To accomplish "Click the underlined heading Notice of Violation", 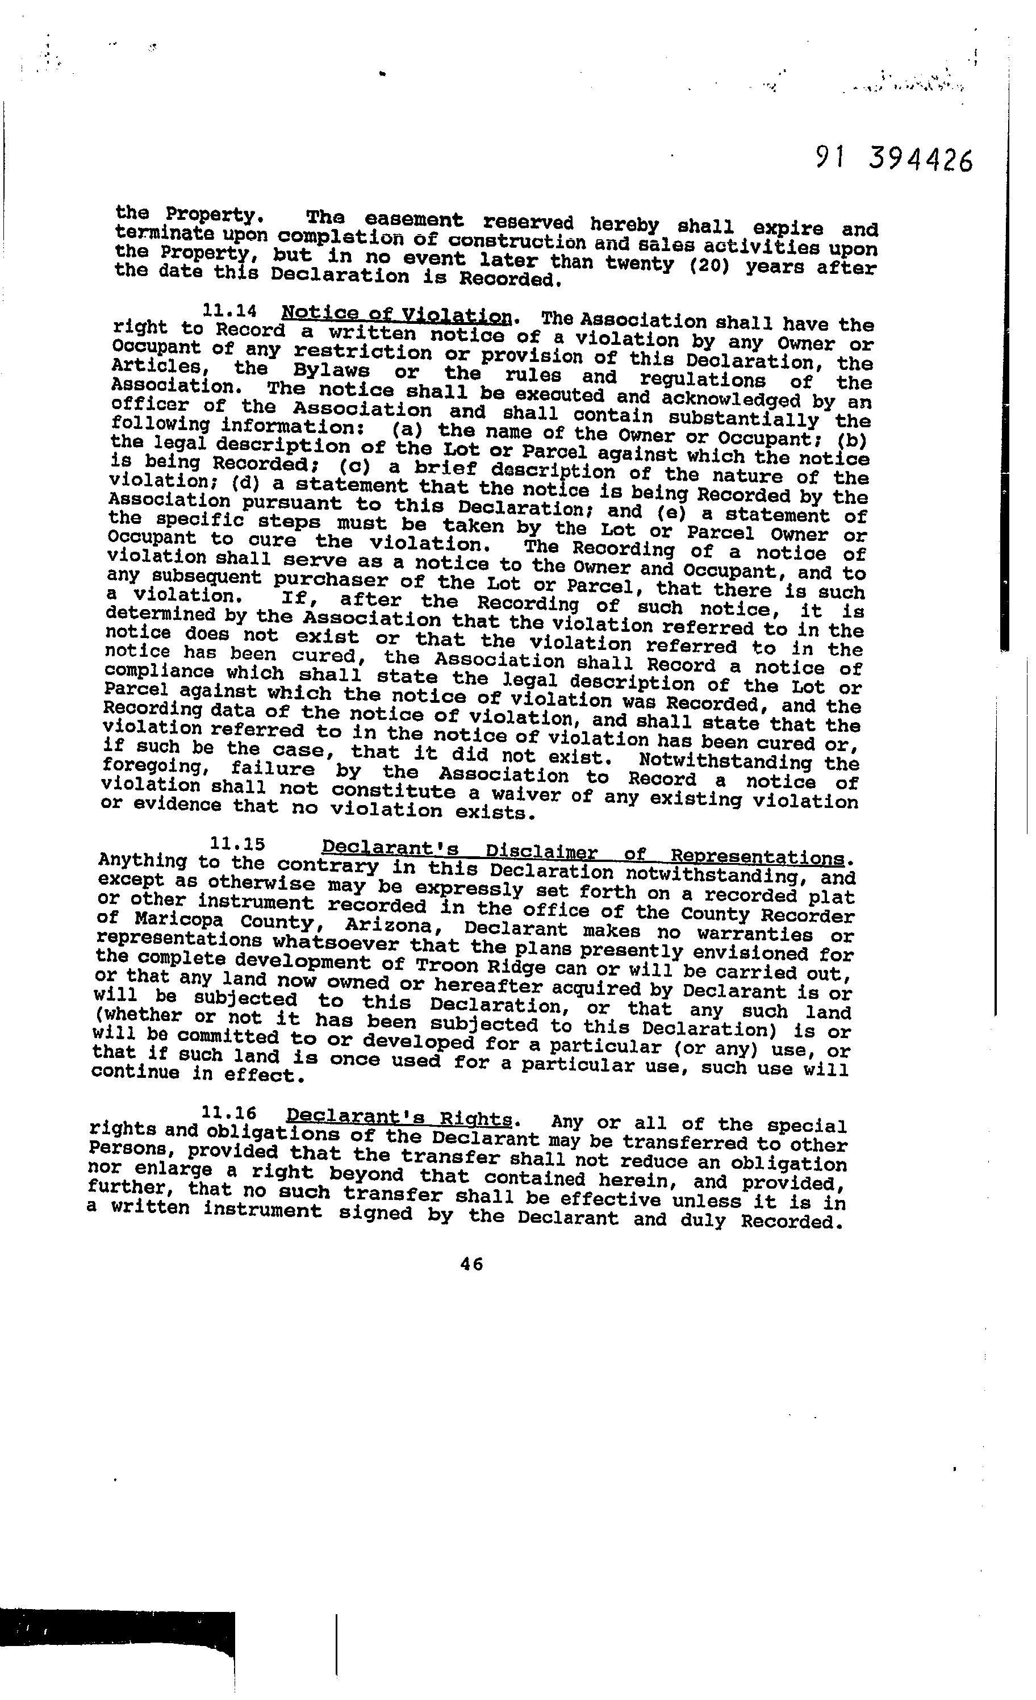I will coord(396,316).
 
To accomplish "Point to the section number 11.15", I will coord(237,843).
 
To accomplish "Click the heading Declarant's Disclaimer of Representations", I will coord(583,852).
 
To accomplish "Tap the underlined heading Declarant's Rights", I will coord(399,1116).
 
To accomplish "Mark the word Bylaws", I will coord(332,370).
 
